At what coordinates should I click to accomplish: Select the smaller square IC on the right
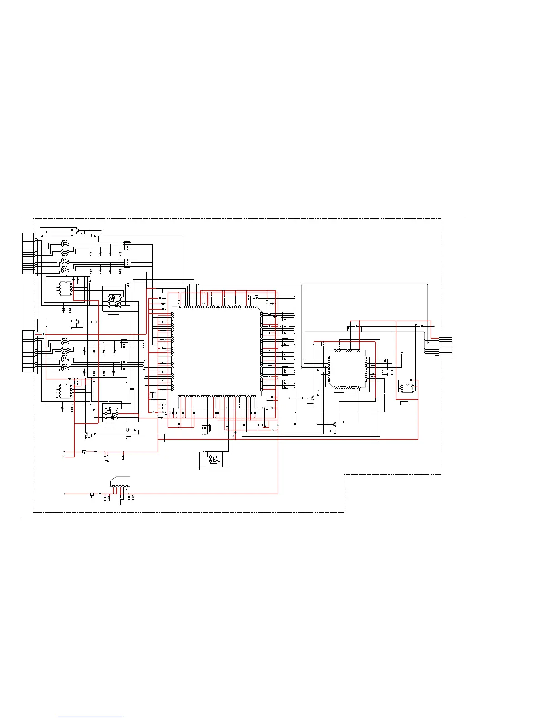[x=347, y=369]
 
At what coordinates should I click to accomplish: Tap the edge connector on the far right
[x=446, y=347]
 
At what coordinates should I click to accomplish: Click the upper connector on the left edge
[x=28, y=254]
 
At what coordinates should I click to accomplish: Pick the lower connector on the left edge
[x=28, y=351]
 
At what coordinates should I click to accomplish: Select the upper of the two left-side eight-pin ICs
[x=66, y=289]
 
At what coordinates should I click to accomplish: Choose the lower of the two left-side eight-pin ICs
[x=66, y=391]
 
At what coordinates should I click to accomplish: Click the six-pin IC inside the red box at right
[x=407, y=388]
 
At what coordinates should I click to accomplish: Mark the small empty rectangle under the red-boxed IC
[x=404, y=403]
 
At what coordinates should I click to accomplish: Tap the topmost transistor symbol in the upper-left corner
[x=77, y=231]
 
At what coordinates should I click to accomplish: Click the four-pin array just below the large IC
[x=206, y=427]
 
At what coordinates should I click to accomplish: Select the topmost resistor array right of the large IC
[x=285, y=316]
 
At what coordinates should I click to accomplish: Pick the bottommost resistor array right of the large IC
[x=285, y=384]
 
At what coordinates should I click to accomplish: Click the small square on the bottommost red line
[x=92, y=494]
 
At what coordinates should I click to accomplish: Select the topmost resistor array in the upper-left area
[x=127, y=246]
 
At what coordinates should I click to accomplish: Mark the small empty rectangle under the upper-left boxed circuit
[x=113, y=315]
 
